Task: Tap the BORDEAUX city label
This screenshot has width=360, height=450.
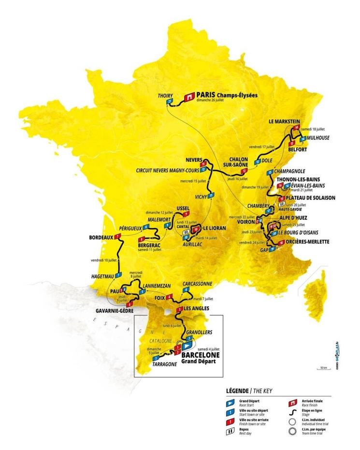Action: [x=101, y=237]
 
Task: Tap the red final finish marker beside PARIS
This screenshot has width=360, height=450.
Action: [x=187, y=97]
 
